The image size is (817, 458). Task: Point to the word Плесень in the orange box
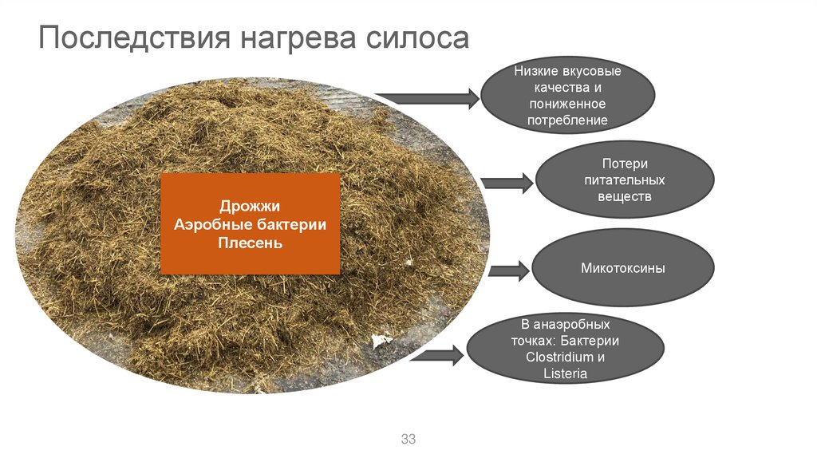[251, 243]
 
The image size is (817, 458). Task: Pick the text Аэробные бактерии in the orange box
[251, 225]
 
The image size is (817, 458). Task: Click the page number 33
[408, 440]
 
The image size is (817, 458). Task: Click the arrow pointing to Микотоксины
[509, 270]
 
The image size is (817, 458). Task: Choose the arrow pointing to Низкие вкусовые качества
[431, 99]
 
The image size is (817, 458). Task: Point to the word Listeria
[566, 373]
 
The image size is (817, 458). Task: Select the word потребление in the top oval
[567, 120]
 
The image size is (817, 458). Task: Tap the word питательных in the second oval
[625, 180]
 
